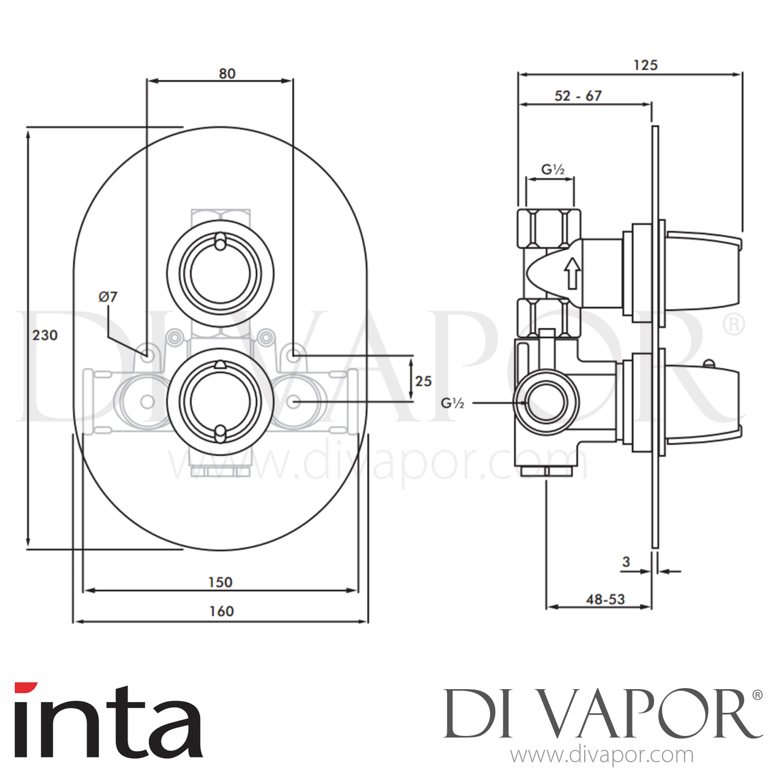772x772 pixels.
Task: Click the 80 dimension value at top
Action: pos(226,74)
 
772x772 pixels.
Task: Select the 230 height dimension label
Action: pos(45,335)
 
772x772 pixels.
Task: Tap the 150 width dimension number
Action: pos(220,582)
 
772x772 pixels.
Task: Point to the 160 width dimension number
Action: pos(221,611)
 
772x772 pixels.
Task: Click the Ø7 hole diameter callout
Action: pos(108,296)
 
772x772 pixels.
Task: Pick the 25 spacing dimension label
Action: pos(423,381)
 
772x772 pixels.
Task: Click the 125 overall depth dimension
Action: pos(645,65)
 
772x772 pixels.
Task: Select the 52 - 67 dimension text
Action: pos(578,96)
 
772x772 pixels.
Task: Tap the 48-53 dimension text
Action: pos(605,599)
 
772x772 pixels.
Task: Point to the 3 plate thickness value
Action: pos(626,562)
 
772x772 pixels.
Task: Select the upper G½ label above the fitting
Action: pos(553,169)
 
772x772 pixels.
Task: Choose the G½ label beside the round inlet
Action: pos(453,403)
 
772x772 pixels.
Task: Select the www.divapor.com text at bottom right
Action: pos(602,755)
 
